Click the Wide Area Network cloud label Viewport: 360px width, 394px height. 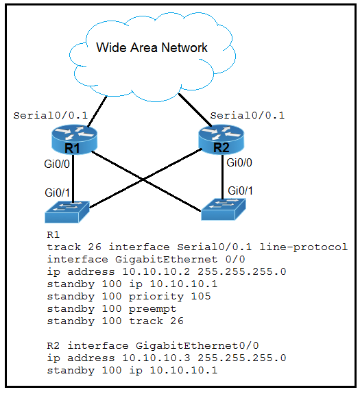click(x=152, y=47)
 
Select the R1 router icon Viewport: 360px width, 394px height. click(x=74, y=140)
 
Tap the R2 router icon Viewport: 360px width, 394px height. click(x=221, y=140)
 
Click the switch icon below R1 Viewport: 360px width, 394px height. click(x=67, y=212)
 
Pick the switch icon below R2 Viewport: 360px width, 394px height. click(x=224, y=209)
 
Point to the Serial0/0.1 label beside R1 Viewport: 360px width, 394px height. click(x=50, y=116)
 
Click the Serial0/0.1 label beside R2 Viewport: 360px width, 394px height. click(x=247, y=116)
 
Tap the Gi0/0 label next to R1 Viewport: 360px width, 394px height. click(x=57, y=164)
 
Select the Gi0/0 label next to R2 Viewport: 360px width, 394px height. click(x=239, y=163)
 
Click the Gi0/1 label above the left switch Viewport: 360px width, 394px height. click(x=58, y=193)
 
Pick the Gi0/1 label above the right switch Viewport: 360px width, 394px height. click(x=240, y=190)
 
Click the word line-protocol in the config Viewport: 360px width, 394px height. click(x=304, y=247)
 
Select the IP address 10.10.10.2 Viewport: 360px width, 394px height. click(x=156, y=271)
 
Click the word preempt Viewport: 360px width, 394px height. click(x=153, y=309)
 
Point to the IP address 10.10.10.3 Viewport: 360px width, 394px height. click(x=156, y=358)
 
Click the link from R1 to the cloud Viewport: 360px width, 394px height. click(x=97, y=112)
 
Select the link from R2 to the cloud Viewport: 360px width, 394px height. click(x=195, y=110)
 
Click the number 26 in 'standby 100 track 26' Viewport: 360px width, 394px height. click(x=177, y=321)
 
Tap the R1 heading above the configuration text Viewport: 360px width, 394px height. click(x=53, y=235)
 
